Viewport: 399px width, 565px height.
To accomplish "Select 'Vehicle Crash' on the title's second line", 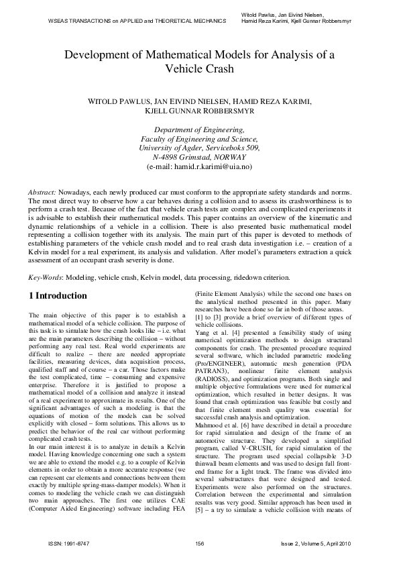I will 199,68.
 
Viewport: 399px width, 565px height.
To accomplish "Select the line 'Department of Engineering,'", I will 199,130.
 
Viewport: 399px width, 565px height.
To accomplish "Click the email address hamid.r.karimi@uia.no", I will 207,166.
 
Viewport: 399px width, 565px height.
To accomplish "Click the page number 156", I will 199,543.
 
